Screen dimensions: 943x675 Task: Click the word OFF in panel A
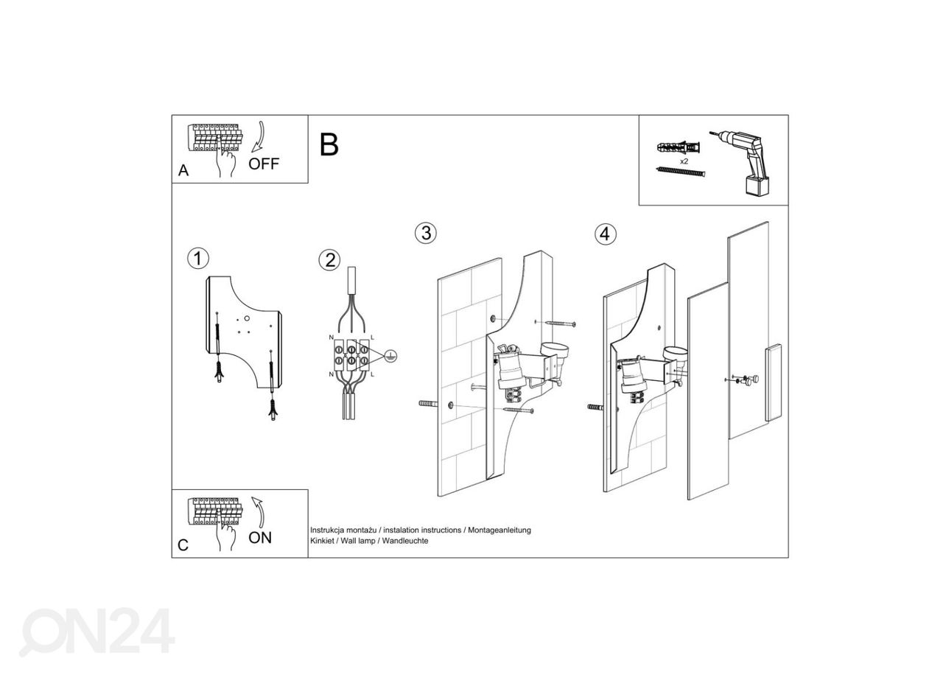pyautogui.click(x=264, y=164)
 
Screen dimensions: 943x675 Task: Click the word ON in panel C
pyautogui.click(x=260, y=538)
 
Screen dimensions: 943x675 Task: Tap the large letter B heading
pyautogui.click(x=329, y=144)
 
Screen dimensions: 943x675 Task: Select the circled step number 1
pyautogui.click(x=198, y=258)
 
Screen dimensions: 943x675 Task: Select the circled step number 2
pyautogui.click(x=329, y=260)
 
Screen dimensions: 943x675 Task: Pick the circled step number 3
pyautogui.click(x=426, y=233)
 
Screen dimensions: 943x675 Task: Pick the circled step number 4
pyautogui.click(x=606, y=234)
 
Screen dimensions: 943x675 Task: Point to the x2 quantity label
pyautogui.click(x=684, y=161)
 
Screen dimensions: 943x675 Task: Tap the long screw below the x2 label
pyautogui.click(x=681, y=172)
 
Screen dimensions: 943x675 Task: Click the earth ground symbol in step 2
pyautogui.click(x=390, y=356)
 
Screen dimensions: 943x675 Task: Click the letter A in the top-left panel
pyautogui.click(x=183, y=170)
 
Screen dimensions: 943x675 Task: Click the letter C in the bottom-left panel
pyautogui.click(x=183, y=545)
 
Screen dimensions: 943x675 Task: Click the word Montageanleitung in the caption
pyautogui.click(x=499, y=530)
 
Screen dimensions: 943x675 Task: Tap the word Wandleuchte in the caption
pyautogui.click(x=405, y=541)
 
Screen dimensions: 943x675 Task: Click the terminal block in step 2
pyautogui.click(x=351, y=355)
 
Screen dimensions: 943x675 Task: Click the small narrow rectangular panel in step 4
pyautogui.click(x=774, y=382)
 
